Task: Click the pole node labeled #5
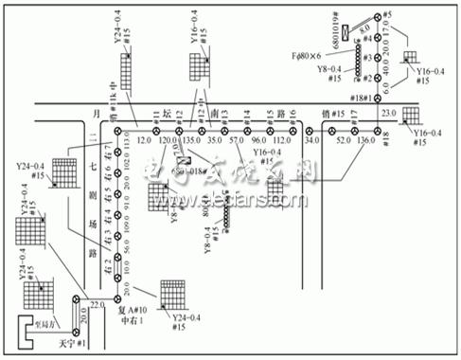click(x=377, y=16)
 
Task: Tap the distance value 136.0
click(x=366, y=142)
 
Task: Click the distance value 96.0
click(x=257, y=142)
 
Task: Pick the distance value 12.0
click(x=143, y=142)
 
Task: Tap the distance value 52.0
click(x=341, y=142)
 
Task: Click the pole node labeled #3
click(x=377, y=57)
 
